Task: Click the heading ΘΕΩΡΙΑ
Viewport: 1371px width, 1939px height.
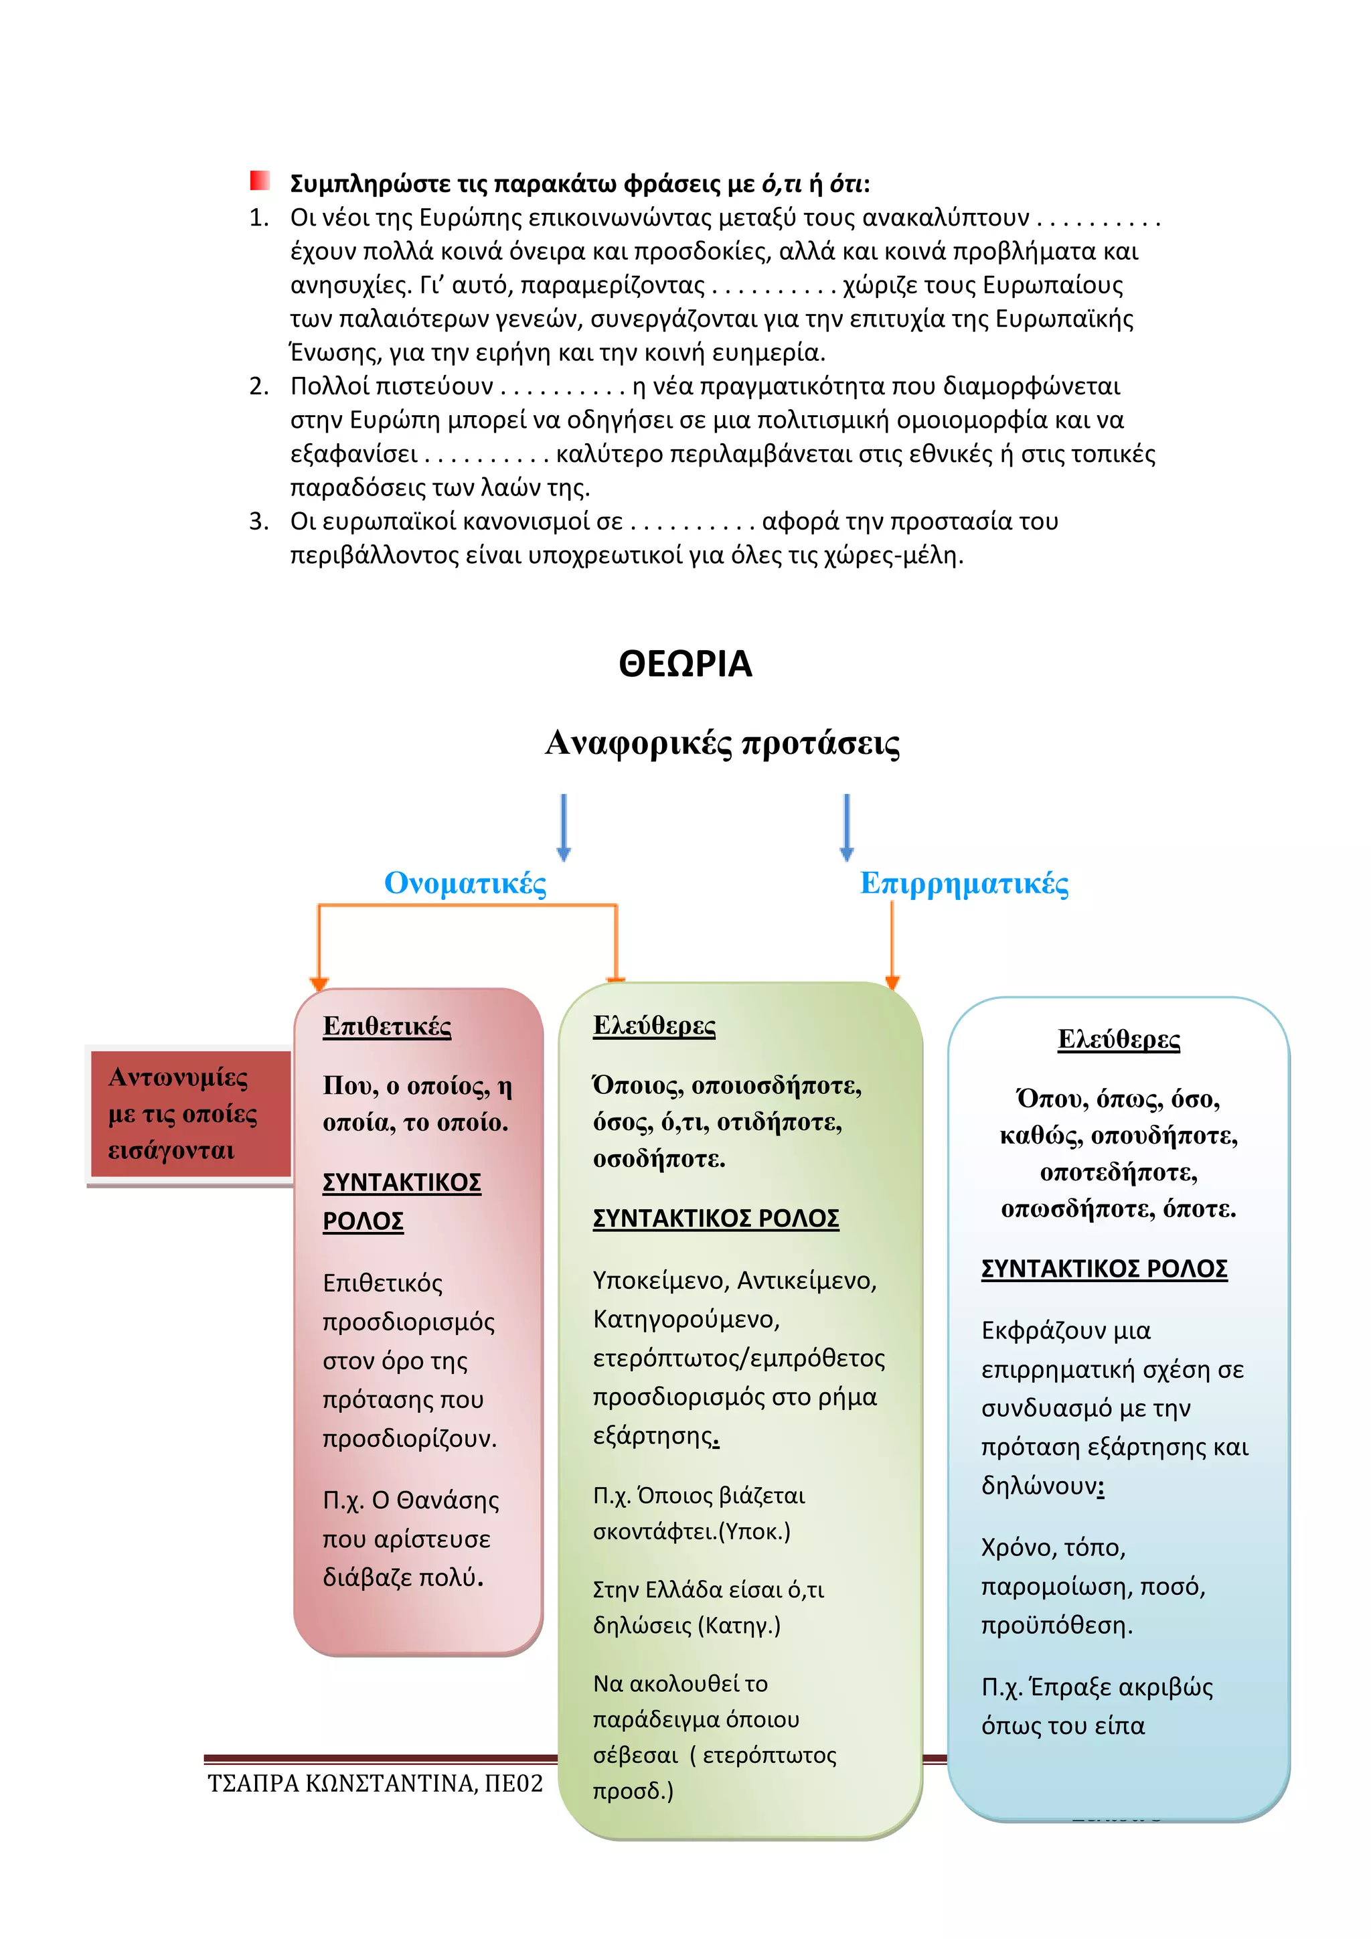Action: pyautogui.click(x=685, y=664)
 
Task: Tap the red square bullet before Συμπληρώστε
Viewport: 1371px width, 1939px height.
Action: pyautogui.click(x=260, y=181)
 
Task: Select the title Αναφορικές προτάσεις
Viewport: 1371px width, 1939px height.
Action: pyautogui.click(x=722, y=743)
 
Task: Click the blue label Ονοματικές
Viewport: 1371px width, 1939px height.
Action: pyautogui.click(x=465, y=883)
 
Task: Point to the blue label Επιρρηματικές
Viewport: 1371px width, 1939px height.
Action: pyautogui.click(x=964, y=883)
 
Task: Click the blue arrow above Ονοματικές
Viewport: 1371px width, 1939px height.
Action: pyautogui.click(x=564, y=826)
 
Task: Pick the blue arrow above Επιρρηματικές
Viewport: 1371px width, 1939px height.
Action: pyautogui.click(x=847, y=826)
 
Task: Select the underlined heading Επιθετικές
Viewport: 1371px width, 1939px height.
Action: pyautogui.click(x=387, y=1026)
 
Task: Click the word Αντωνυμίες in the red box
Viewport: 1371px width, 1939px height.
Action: pyautogui.click(x=178, y=1077)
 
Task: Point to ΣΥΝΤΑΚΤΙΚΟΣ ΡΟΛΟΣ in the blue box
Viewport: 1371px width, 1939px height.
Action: pyautogui.click(x=1103, y=1269)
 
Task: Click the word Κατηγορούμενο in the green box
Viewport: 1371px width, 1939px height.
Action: pyautogui.click(x=685, y=1319)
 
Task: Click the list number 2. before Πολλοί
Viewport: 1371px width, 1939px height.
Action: pyautogui.click(x=258, y=387)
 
